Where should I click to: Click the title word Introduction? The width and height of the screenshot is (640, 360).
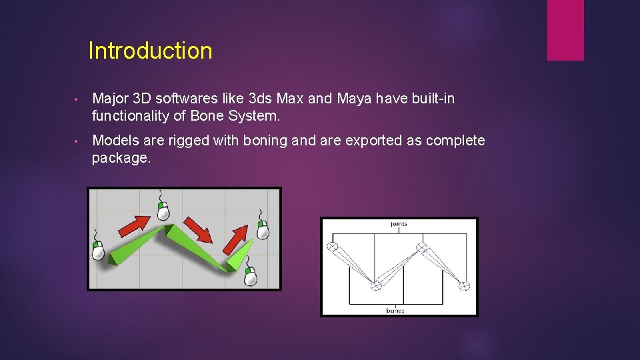click(x=150, y=51)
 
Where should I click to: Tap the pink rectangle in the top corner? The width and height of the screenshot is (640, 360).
click(x=565, y=30)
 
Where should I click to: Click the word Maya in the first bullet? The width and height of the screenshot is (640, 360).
click(x=353, y=99)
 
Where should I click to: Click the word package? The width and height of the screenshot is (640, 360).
click(x=121, y=158)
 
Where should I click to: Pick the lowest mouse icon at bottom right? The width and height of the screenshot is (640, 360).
click(x=251, y=275)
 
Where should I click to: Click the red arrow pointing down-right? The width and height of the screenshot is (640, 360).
click(x=198, y=229)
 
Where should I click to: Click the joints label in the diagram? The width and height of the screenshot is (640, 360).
click(x=399, y=224)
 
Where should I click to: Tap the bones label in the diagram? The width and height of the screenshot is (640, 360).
click(x=395, y=310)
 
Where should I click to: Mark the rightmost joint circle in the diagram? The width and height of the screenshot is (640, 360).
click(x=465, y=286)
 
